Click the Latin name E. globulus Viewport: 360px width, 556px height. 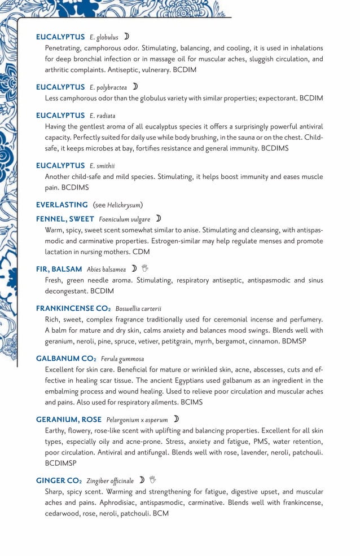tap(104, 37)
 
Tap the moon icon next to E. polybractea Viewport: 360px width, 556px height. tap(135, 87)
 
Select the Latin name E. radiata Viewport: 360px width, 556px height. tap(102, 116)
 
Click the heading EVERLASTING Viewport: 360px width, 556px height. tap(62, 205)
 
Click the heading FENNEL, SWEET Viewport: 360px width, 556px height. tap(65, 219)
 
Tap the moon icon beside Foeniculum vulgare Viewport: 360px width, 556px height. tap(159, 218)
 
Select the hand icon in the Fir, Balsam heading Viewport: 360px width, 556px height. tap(144, 268)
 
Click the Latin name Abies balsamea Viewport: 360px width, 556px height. tap(106, 269)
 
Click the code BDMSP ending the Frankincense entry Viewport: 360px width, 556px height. tap(310, 341)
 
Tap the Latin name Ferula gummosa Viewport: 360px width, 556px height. tap(122, 359)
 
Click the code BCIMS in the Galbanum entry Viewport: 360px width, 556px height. tap(191, 402)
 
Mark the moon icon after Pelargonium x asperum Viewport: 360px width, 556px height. tap(176, 419)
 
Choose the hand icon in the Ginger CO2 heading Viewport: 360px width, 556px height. tap(152, 480)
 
